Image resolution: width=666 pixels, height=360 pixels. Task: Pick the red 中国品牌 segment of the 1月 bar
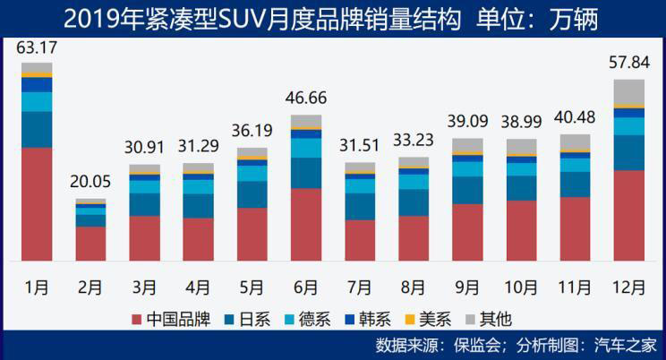[37, 204]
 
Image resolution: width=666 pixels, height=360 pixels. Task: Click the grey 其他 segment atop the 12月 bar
[628, 91]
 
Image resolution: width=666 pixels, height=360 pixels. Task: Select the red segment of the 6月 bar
[305, 224]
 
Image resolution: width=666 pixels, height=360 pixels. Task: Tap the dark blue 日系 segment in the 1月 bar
[37, 129]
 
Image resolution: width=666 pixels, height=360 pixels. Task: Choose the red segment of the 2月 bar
[90, 243]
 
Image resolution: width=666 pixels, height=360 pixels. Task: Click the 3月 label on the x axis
[144, 287]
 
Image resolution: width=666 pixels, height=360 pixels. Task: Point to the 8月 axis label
[413, 287]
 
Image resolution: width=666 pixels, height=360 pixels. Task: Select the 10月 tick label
[521, 287]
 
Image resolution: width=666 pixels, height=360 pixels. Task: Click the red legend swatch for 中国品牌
[137, 320]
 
